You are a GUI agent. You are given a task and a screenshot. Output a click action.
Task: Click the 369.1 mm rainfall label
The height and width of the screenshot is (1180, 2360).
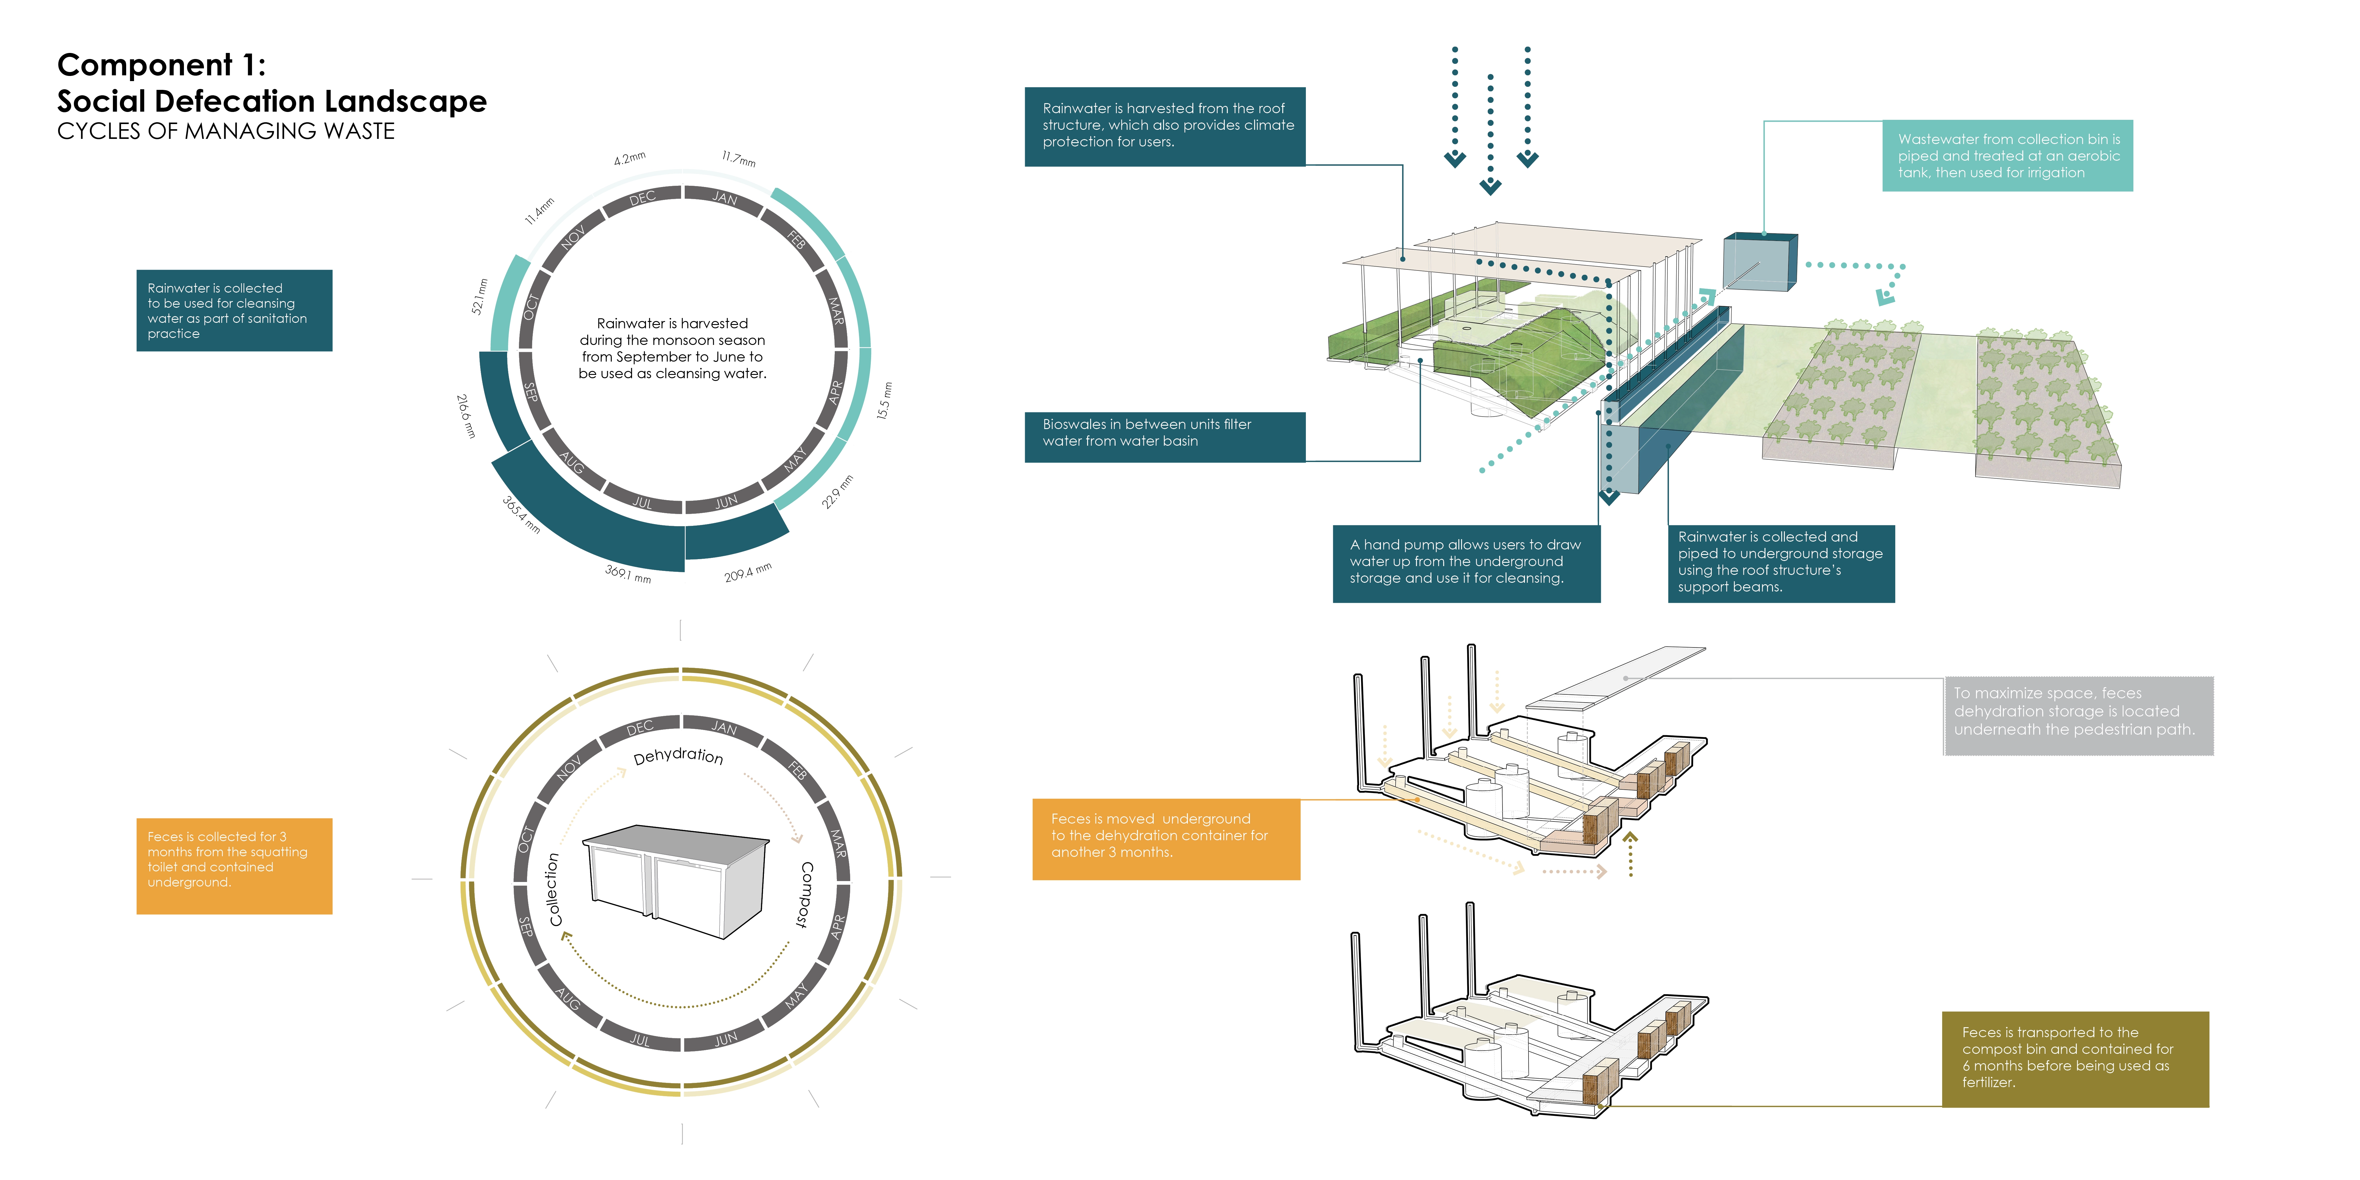628,573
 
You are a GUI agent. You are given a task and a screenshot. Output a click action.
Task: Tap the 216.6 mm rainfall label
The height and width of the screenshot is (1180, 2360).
466,416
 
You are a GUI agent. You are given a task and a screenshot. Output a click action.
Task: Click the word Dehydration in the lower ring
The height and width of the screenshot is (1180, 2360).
678,756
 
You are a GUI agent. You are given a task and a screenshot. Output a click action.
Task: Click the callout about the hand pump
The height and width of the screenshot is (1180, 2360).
1466,562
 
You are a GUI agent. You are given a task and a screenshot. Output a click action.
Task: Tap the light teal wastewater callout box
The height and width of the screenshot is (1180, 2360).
2007,156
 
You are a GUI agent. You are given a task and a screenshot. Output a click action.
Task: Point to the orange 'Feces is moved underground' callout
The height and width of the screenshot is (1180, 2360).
1165,837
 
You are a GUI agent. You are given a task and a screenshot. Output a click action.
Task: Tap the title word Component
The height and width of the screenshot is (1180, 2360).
145,65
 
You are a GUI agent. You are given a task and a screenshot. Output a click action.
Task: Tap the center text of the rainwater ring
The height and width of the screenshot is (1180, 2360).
673,348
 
